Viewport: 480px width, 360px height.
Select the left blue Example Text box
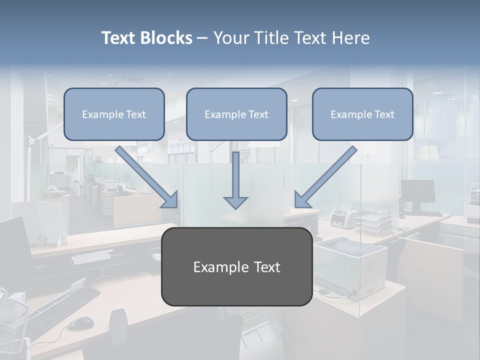click(x=114, y=114)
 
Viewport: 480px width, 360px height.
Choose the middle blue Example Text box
click(x=236, y=114)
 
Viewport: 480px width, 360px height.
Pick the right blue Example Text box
click(x=362, y=114)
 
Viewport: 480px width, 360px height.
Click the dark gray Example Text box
click(x=236, y=267)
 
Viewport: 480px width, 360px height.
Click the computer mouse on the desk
click(x=80, y=323)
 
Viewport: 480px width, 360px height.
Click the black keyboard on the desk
click(x=55, y=310)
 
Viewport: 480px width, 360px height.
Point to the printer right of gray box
click(x=350, y=265)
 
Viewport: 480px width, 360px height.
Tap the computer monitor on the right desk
click(x=417, y=192)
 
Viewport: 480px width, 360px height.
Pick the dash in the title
click(x=202, y=38)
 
